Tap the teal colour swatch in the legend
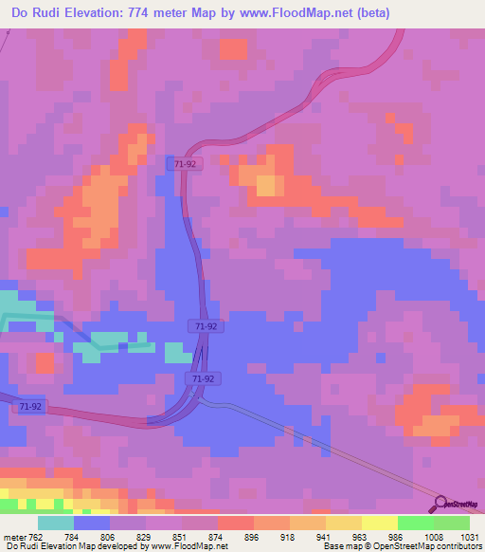(56, 523)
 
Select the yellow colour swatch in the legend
(344, 523)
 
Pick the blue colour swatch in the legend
(92, 523)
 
